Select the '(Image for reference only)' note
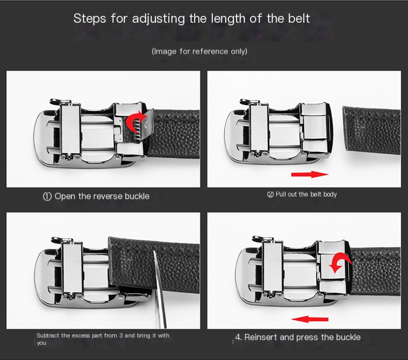click(199, 51)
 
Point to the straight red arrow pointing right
click(310, 175)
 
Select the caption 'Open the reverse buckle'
click(102, 196)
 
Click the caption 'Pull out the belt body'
click(306, 194)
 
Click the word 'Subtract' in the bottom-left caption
click(47, 336)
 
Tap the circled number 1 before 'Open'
click(47, 196)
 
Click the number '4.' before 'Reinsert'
click(239, 337)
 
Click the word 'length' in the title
click(227, 19)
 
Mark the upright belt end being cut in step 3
click(129, 263)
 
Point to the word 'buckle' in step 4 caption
click(348, 337)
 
